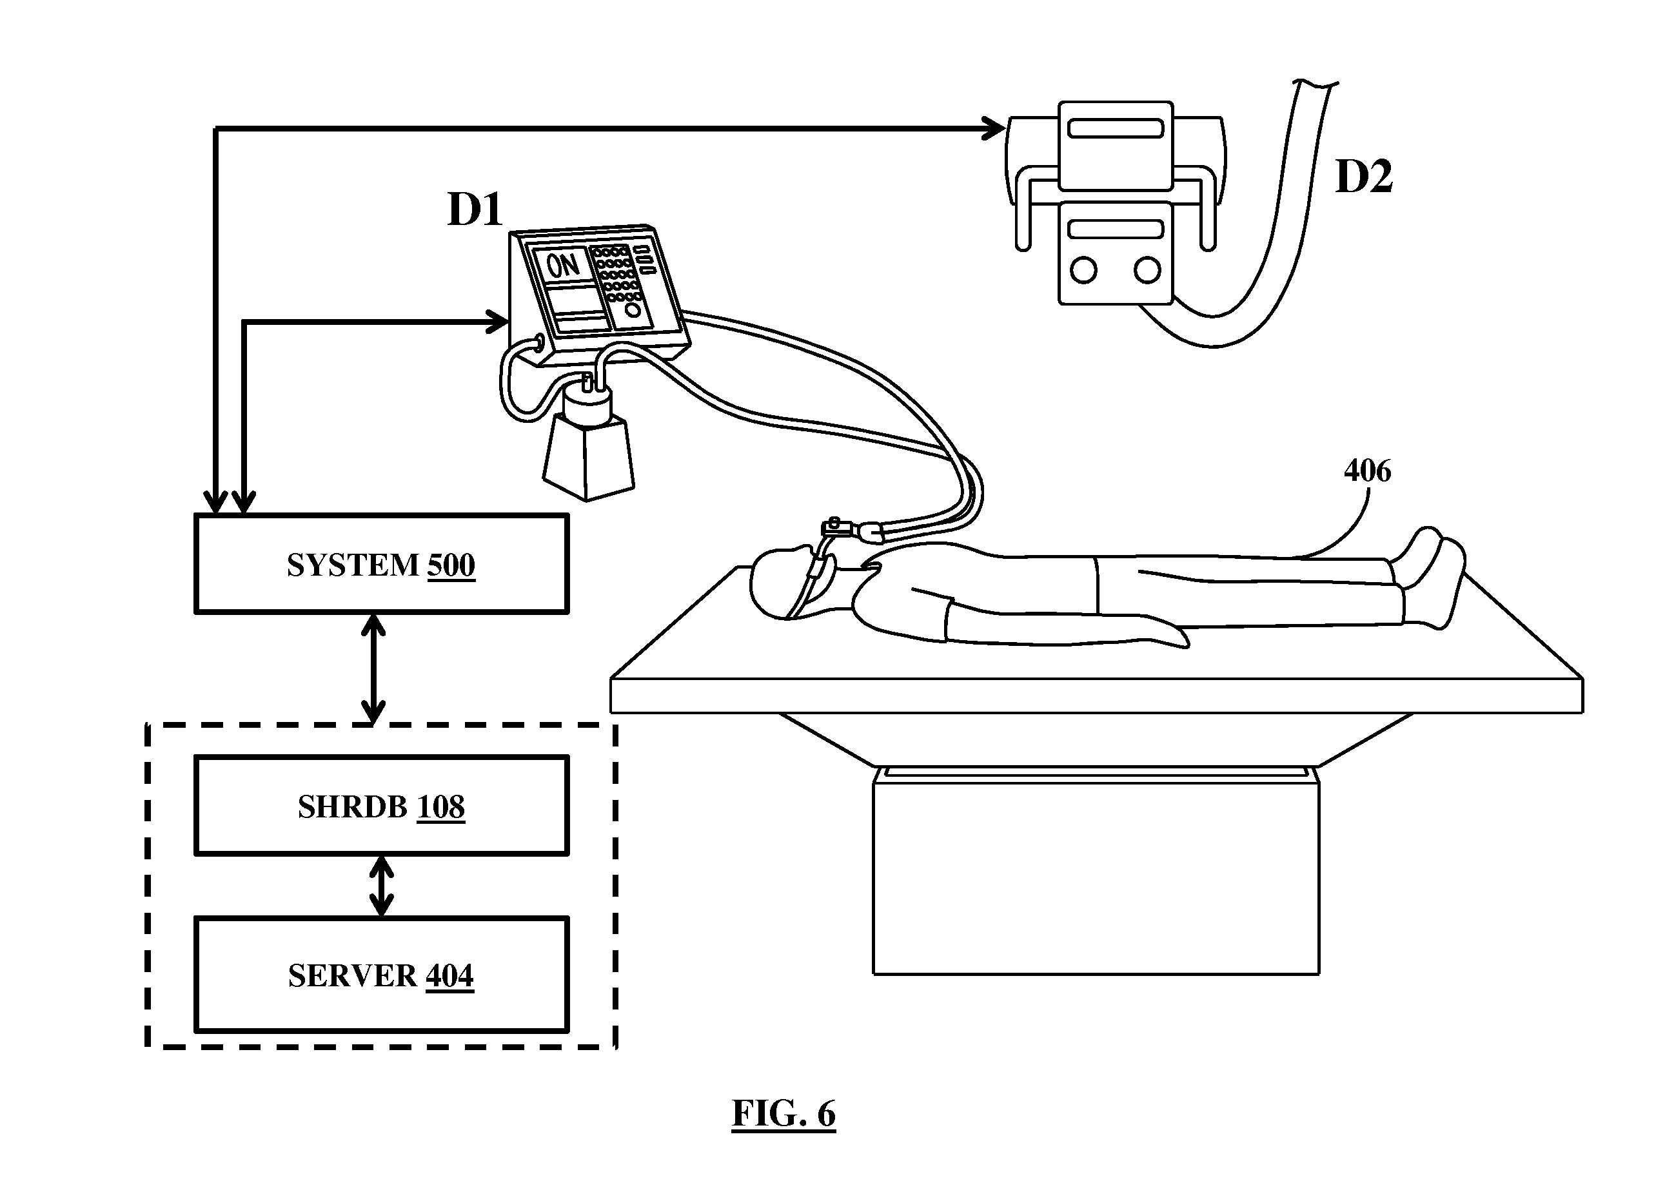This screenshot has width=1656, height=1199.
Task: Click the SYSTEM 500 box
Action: coord(381,564)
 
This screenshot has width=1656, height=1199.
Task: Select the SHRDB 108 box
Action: coord(381,806)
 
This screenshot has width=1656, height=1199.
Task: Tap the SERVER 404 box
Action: coord(381,975)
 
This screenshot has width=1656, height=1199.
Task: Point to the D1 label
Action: coord(475,210)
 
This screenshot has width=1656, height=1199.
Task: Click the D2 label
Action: coord(1364,176)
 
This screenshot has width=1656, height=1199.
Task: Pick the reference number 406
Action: coord(1367,471)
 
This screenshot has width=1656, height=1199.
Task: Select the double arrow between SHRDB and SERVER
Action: coord(381,886)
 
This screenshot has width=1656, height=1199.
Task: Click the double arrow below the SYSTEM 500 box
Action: coord(374,668)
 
